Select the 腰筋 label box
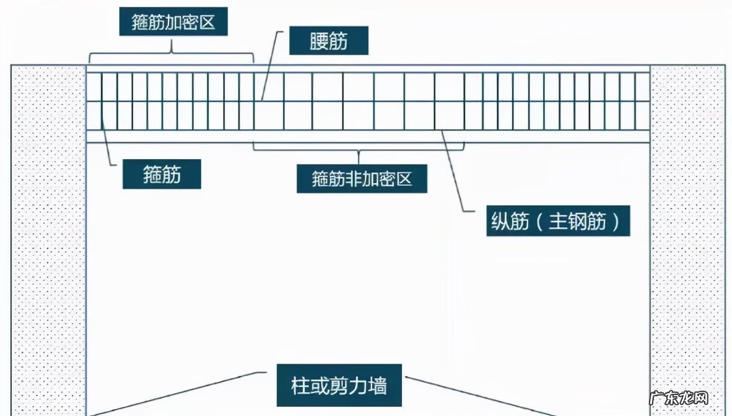pos(329,42)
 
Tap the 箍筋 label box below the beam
pos(162,175)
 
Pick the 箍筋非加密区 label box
pos(362,180)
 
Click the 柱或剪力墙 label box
pos(339,386)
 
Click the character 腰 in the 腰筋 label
pos(318,42)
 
